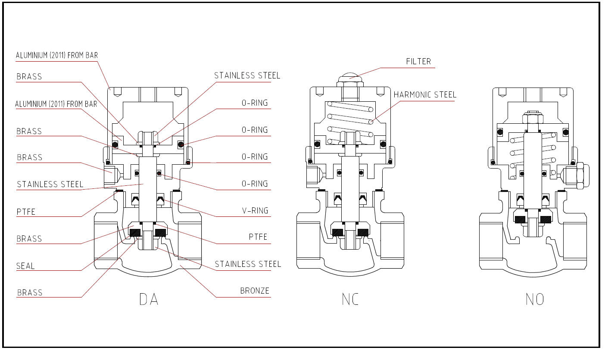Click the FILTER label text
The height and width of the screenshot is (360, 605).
coord(418,62)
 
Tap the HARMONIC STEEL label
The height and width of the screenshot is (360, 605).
coord(425,95)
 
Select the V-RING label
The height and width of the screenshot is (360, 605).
coord(255,211)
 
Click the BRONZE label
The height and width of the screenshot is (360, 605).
coord(255,291)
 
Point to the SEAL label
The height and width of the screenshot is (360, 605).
coord(25,266)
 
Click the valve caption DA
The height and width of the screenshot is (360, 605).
coord(149,299)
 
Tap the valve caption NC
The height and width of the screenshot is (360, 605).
coord(350,299)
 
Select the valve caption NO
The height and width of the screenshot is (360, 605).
coord(535,299)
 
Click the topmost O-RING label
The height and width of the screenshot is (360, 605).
coord(255,103)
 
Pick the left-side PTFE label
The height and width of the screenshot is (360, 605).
coord(26,212)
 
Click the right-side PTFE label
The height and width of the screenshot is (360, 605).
coord(258,237)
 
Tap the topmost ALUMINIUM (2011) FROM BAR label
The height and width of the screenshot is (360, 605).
coord(57,55)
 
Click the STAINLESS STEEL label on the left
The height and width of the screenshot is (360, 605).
coord(50,185)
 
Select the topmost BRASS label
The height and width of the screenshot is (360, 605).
coord(29,77)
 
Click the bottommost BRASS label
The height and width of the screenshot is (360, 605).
coord(30,293)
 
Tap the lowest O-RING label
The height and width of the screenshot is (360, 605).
coord(255,184)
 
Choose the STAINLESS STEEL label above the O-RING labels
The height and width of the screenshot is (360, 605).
coord(247,76)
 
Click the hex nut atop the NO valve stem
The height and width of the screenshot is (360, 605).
coord(533,119)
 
